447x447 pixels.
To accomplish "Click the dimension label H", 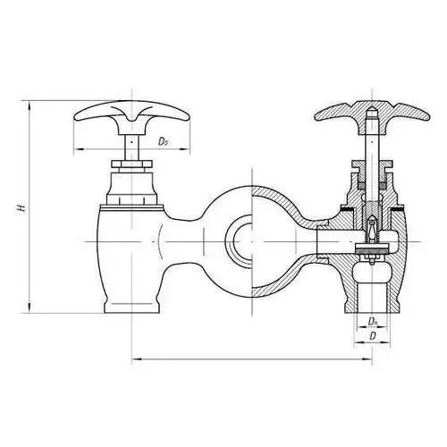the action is point(21,207).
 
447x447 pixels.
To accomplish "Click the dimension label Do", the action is point(163,141).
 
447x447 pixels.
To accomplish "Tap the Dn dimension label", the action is point(373,321).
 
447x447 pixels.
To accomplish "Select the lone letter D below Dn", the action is point(373,336).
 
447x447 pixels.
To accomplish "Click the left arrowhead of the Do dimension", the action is point(78,148).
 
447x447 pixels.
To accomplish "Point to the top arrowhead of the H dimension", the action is point(30,105).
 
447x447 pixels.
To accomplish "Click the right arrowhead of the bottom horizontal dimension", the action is point(367,359).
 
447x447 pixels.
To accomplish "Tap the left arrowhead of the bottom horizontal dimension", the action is point(137,359).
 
